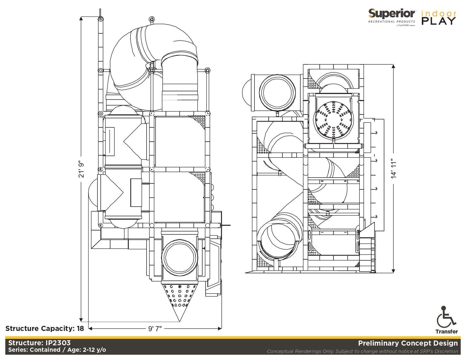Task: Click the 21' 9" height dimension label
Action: (x=81, y=169)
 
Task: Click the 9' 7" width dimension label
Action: (x=155, y=329)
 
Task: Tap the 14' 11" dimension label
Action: (x=394, y=169)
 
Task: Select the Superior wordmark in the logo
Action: (x=391, y=14)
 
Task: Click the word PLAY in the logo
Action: (x=439, y=21)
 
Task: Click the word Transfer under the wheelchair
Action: (x=446, y=331)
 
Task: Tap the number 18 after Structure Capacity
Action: (x=80, y=328)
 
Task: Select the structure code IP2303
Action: (x=58, y=343)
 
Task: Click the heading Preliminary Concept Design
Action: (x=408, y=343)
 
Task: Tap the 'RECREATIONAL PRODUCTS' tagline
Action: (x=391, y=21)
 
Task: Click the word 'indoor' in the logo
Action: (x=439, y=13)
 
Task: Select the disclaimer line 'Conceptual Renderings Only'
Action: (x=362, y=351)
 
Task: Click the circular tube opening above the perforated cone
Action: (x=179, y=258)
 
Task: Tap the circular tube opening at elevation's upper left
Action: (x=277, y=92)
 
